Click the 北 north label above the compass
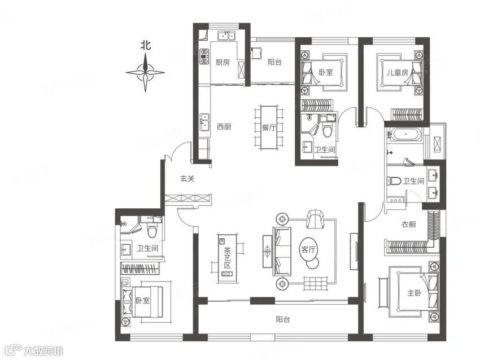point(145,45)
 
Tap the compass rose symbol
point(145,72)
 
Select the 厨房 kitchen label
point(222,63)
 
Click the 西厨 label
point(224,126)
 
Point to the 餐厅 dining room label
point(269,128)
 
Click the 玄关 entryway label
point(187,179)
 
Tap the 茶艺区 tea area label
point(227,257)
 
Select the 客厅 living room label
point(308,249)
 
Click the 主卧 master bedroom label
point(414,293)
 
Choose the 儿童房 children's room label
point(398,72)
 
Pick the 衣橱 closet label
point(409,224)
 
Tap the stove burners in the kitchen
point(204,56)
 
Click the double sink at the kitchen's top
point(226,36)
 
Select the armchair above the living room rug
point(315,219)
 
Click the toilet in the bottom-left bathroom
point(152,231)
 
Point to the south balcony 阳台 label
point(282,319)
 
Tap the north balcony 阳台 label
point(274,63)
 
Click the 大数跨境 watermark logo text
point(44,351)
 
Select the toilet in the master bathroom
point(394,181)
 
